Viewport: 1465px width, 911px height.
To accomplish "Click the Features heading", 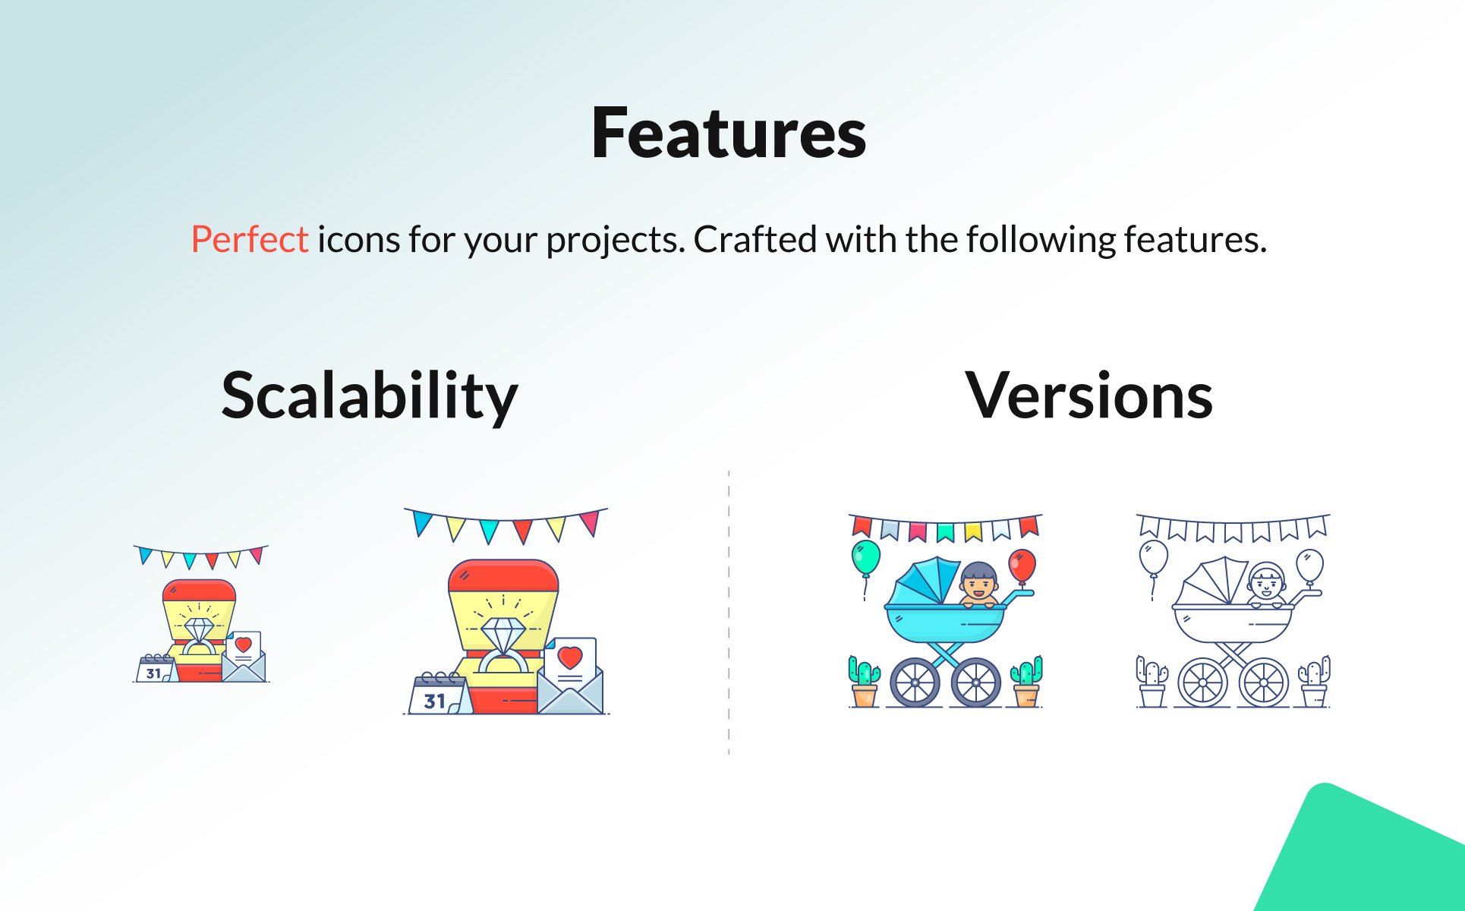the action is pyautogui.click(x=729, y=134).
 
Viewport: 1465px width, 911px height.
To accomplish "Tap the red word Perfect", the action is pyautogui.click(x=250, y=239).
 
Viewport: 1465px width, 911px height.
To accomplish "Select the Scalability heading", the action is pyautogui.click(x=370, y=396).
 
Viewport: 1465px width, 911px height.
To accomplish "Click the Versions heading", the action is pyautogui.click(x=1089, y=396).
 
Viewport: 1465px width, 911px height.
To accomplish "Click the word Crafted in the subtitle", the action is pyautogui.click(x=756, y=239).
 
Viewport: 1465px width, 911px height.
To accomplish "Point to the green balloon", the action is pyautogui.click(x=865, y=558).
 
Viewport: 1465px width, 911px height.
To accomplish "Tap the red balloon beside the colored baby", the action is pyautogui.click(x=1022, y=566).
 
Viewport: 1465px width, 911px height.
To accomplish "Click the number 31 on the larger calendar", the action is pyautogui.click(x=434, y=701).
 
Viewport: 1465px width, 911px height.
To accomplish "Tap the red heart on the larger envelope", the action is pyautogui.click(x=569, y=657).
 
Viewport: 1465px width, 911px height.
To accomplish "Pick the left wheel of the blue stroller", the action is pyautogui.click(x=915, y=682).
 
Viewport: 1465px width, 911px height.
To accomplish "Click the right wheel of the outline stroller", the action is pyautogui.click(x=1264, y=682).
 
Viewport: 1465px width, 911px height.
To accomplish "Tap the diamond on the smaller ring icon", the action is pyautogui.click(x=199, y=630).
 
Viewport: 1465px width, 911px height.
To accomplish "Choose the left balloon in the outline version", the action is pyautogui.click(x=1153, y=559).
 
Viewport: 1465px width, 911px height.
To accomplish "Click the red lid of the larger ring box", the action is pyautogui.click(x=503, y=577).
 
